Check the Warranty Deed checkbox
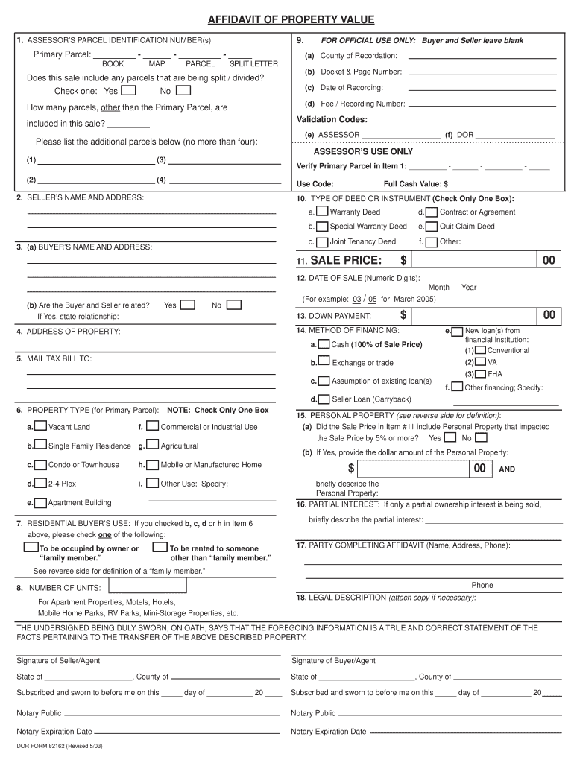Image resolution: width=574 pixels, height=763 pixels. pos(322,212)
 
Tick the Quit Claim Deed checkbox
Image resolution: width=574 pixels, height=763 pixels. pos(432,226)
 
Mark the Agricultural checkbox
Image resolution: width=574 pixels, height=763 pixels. pos(152,446)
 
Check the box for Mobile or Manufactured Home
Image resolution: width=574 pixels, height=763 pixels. pos(152,464)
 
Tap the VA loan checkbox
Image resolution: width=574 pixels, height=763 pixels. pos(480,361)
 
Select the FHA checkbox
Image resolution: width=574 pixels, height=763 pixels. pos(480,373)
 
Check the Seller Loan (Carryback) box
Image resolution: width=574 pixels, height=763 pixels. pos(324,399)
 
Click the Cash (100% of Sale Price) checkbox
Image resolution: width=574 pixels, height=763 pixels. pos(324,344)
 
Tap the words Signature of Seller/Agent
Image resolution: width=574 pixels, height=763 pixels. pos(58,661)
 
